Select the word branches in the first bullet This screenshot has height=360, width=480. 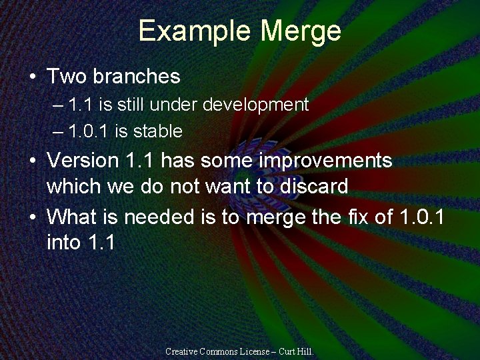click(x=137, y=77)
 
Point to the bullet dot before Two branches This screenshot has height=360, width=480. click(x=33, y=77)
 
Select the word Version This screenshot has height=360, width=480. click(x=83, y=161)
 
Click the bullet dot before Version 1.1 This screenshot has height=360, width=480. click(x=33, y=161)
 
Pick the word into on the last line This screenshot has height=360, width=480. click(x=64, y=242)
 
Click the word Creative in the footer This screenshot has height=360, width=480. click(x=181, y=351)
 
